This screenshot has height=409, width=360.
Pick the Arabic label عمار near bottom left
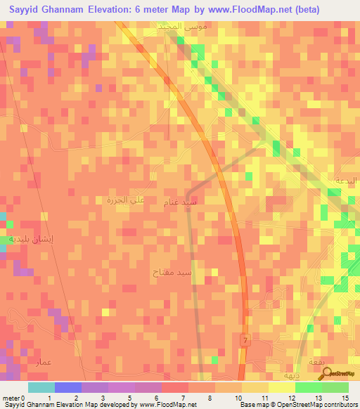click(43, 362)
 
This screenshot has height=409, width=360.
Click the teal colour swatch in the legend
click(41, 387)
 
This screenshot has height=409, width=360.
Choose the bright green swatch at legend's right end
click(335, 387)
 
